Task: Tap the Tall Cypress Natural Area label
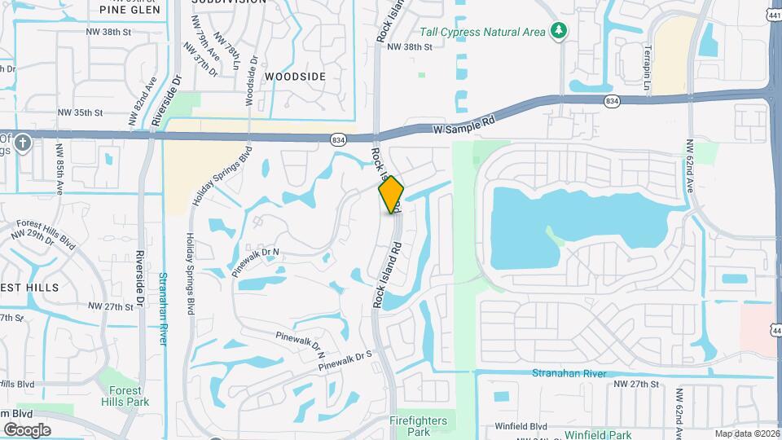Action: click(483, 33)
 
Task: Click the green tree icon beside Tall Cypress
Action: click(558, 31)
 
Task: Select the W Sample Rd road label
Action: click(463, 125)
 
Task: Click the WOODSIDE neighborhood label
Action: click(296, 77)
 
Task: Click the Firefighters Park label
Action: click(409, 426)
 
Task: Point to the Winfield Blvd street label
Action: click(521, 426)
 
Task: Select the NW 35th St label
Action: click(81, 112)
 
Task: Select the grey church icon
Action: click(21, 143)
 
